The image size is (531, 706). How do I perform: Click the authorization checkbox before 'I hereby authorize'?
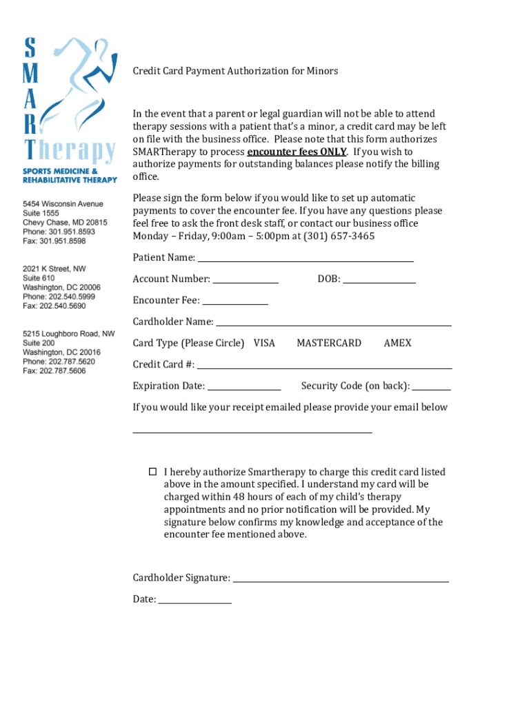152,472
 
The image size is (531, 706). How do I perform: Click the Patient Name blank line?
305,258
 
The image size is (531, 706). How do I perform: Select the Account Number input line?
246,279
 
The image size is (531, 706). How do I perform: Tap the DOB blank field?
379,279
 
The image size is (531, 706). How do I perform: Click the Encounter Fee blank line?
234,301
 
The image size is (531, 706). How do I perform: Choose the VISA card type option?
264,343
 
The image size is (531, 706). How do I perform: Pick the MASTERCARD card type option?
328,343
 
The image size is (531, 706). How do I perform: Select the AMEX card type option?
397,343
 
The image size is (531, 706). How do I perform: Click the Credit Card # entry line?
325,365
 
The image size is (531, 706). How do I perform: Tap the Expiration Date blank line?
244,386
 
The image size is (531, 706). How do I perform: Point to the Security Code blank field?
432,386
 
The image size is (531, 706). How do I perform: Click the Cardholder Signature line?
341,578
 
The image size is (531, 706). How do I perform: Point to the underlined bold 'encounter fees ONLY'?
297,152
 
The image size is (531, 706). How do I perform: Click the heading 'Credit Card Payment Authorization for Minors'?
235,71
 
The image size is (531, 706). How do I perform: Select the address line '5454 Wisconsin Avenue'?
63,204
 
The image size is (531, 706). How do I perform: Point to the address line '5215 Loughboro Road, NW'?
69,334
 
